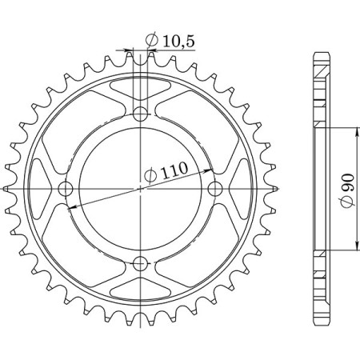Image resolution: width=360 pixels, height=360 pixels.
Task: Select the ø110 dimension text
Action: [166, 170]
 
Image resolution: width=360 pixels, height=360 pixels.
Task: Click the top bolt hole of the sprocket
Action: [141, 112]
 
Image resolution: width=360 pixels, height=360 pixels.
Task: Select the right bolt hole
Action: [216, 188]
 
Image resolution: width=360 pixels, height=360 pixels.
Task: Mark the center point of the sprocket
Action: [141, 189]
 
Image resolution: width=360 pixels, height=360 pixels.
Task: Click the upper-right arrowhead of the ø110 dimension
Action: [209, 171]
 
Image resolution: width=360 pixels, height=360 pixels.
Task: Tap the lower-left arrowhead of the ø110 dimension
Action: [73, 206]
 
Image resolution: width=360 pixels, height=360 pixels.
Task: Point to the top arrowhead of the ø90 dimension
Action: [354, 130]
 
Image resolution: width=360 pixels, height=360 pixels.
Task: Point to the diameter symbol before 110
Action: [150, 173]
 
